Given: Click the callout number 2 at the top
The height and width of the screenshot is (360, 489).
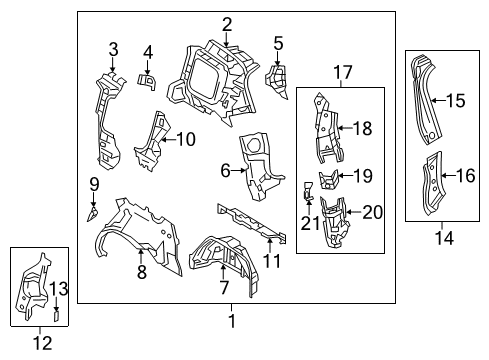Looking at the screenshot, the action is click(227, 25).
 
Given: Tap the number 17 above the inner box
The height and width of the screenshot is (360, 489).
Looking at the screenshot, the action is click(343, 72).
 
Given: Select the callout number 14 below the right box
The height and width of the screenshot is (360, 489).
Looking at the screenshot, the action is click(444, 238).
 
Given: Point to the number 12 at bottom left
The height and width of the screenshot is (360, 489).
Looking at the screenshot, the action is click(42, 343).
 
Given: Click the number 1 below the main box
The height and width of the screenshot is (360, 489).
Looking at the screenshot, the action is click(232, 321).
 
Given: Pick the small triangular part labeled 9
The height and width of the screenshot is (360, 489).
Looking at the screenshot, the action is click(92, 214).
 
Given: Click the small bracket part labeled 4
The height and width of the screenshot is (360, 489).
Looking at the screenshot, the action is click(147, 82).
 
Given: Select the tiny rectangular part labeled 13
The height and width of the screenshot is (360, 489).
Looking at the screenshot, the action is click(56, 316).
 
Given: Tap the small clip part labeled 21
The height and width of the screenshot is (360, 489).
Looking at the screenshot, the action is click(308, 192).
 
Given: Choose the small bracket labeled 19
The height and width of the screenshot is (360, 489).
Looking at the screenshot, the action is click(329, 180).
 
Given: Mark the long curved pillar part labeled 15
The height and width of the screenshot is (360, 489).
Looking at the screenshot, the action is click(427, 100).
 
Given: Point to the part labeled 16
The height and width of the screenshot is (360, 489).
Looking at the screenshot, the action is click(433, 183).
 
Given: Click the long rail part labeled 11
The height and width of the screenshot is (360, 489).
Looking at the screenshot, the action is click(252, 223).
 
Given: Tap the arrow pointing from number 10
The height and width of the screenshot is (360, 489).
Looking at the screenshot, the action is click(169, 139).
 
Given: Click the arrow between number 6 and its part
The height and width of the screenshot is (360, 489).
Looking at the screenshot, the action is click(239, 170).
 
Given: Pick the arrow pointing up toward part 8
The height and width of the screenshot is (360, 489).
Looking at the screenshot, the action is click(141, 257).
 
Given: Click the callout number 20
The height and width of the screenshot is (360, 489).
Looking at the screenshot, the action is click(372, 212).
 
